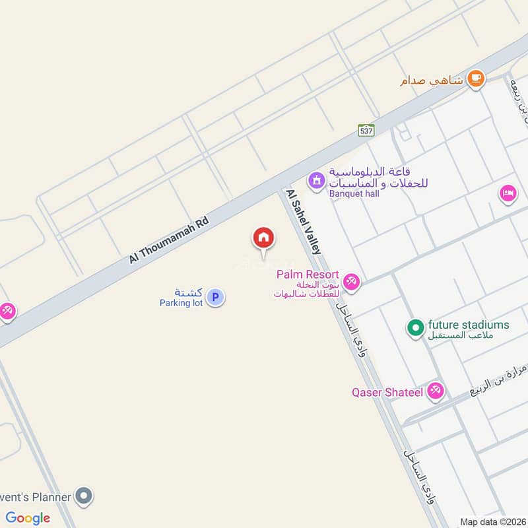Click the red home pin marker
(263, 238)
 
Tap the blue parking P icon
(214, 297)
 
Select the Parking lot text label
(181, 303)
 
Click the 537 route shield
(366, 130)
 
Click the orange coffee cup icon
(475, 79)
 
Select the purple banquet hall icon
(316, 179)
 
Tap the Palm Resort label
(308, 274)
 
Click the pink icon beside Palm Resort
(351, 282)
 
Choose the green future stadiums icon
(414, 327)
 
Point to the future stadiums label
(469, 325)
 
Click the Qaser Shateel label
(386, 392)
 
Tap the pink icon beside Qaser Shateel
(435, 391)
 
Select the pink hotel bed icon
(508, 193)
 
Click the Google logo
(28, 517)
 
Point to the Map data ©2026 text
(492, 521)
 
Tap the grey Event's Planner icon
(84, 495)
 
